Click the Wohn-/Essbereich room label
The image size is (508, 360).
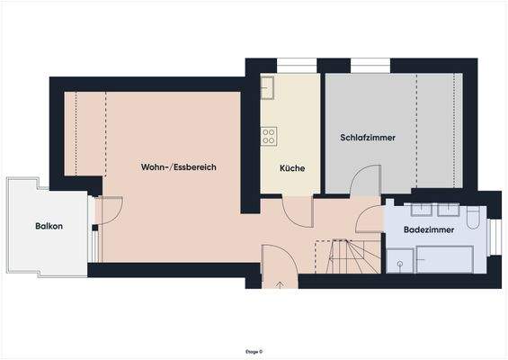point(178,167)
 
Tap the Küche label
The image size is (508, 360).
point(291,168)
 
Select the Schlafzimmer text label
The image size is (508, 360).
point(368,137)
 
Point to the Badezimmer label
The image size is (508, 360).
point(428,230)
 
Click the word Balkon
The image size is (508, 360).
point(49,226)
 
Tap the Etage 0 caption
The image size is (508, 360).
point(254,351)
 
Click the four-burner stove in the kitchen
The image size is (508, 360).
point(268,136)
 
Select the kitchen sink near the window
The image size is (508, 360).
point(268,87)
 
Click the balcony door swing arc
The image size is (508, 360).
point(107,211)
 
